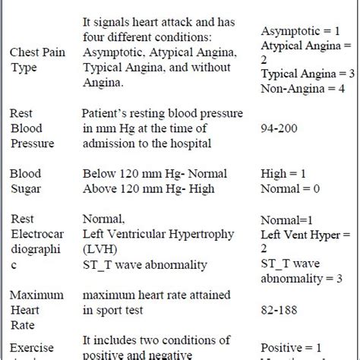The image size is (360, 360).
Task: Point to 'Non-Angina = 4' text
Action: pos(299,87)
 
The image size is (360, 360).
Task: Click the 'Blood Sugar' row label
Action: pos(27,180)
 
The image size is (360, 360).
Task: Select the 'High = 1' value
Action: pos(284,173)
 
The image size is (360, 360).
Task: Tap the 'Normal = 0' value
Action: pos(290,188)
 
